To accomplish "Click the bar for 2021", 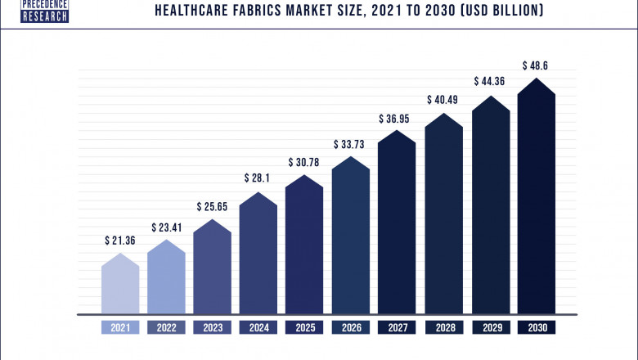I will [120, 286].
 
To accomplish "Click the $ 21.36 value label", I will [120, 241].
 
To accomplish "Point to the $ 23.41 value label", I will [166, 227].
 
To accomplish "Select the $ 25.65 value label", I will [212, 207].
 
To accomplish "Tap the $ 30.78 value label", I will [304, 162].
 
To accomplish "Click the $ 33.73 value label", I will [350, 144].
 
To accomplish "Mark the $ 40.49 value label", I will [443, 100].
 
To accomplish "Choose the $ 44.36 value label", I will [490, 82].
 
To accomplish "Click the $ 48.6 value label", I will [536, 65].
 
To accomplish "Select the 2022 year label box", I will [166, 327].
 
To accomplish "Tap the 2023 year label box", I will [212, 327].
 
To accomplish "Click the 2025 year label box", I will [304, 327].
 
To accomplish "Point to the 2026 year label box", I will [350, 327].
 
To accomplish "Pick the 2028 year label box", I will [443, 327].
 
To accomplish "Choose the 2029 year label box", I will [490, 327].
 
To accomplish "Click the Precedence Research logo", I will [46, 11].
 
